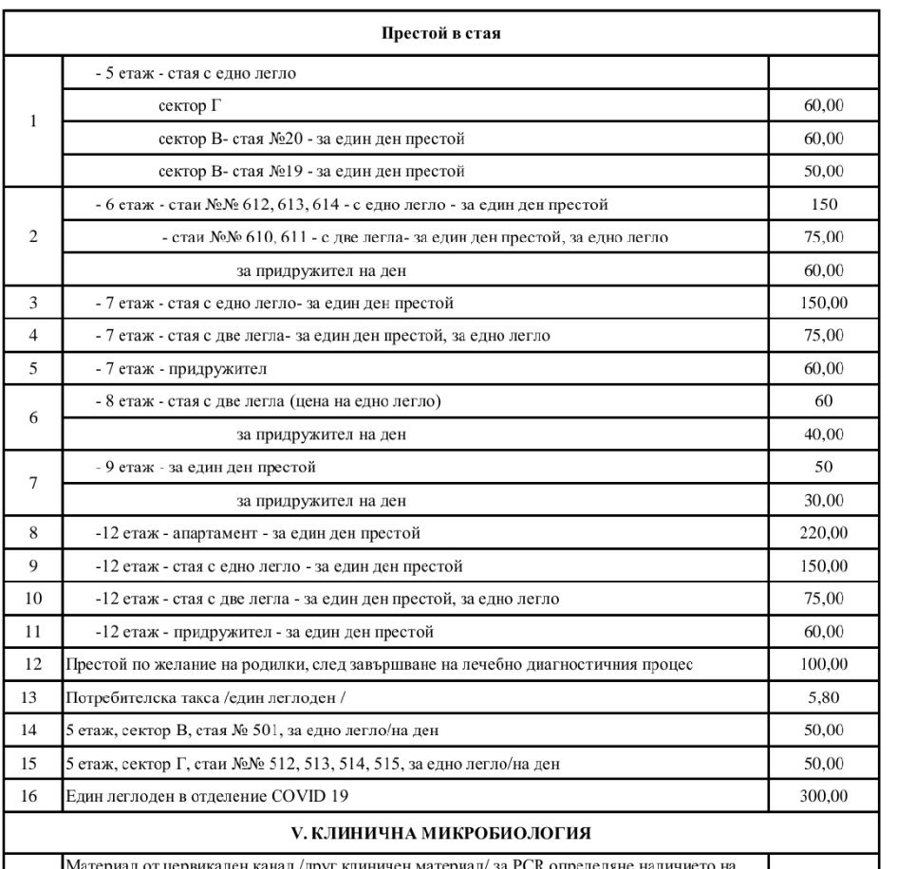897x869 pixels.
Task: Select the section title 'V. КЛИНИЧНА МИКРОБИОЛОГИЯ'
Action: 442,834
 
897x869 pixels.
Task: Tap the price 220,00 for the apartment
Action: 823,533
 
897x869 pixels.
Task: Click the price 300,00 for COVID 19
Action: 823,796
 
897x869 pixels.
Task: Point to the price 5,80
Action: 823,697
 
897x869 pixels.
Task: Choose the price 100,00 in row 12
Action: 823,664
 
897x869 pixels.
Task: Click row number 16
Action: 33,796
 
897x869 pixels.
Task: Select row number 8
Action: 33,533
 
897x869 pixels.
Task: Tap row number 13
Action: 33,697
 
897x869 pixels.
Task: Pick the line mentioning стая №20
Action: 311,139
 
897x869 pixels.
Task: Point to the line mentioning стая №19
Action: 311,172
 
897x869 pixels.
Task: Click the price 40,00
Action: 823,434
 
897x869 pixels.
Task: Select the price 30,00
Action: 823,500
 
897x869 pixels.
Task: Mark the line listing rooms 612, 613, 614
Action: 352,205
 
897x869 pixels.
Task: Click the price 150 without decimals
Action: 823,205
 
